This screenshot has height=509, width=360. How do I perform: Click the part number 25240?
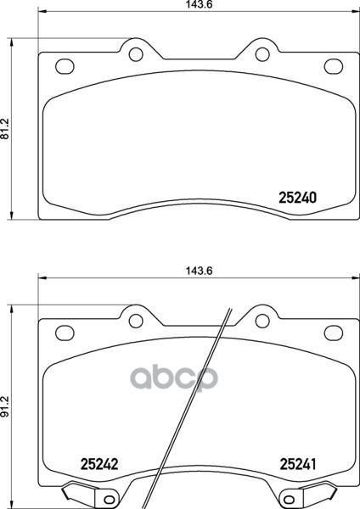click(298, 198)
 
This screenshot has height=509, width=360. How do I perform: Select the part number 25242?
click(99, 464)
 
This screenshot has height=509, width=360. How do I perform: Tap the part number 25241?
click(298, 464)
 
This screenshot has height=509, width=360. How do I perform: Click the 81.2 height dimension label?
click(5, 129)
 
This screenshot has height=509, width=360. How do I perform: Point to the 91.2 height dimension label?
click(5, 406)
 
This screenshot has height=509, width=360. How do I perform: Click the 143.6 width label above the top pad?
click(200, 4)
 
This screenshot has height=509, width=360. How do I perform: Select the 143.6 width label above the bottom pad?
click(200, 271)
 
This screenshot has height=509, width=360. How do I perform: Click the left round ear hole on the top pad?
click(136, 54)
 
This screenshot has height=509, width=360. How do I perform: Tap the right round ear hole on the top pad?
click(262, 54)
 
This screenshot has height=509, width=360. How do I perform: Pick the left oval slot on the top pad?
click(65, 66)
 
